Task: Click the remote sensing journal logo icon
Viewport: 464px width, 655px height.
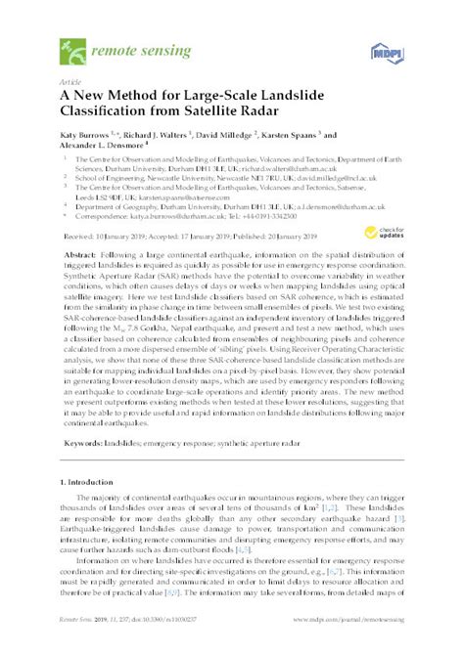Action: click(x=71, y=46)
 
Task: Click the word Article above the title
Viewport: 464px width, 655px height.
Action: click(x=70, y=83)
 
